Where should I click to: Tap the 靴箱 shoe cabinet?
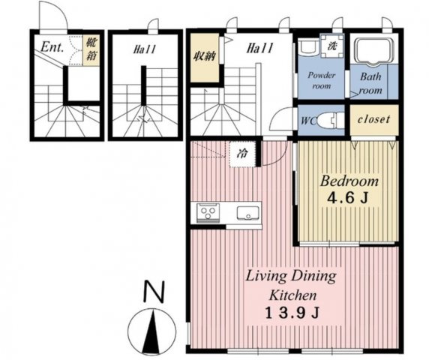coord(91,50)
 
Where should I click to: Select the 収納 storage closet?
coord(205,58)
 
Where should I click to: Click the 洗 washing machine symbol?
coord(331,46)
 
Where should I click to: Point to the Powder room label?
coord(322,80)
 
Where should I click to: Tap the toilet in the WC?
coord(331,120)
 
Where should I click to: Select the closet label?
coord(373,119)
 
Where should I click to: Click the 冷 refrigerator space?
coord(242,154)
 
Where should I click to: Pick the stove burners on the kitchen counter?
coord(208,212)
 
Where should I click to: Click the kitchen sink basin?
coord(248,213)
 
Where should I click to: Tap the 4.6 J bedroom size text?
coord(347,198)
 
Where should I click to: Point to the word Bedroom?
coord(349,181)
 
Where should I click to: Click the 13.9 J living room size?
coord(292,313)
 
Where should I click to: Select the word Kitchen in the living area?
coord(293,295)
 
